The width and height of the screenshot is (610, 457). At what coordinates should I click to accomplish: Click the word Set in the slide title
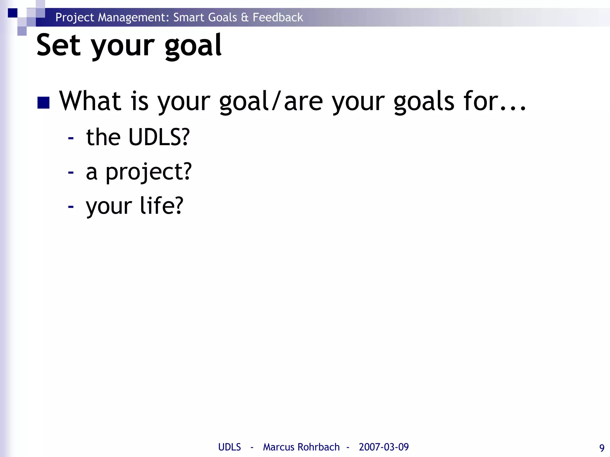tap(58, 45)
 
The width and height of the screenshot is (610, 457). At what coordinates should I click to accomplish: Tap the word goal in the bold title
tap(193, 46)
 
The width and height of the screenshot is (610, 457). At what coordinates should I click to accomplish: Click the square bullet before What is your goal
tap(43, 103)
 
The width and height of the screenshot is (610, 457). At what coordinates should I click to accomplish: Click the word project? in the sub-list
tap(149, 172)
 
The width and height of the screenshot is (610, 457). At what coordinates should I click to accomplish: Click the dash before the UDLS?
tap(71, 138)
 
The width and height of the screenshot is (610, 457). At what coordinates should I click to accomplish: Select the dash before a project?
tap(71, 172)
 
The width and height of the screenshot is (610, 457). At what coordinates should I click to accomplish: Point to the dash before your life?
tap(71, 206)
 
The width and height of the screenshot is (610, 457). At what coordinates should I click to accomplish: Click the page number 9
tap(602, 448)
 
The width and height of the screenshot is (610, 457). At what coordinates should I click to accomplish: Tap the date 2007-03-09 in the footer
tap(384, 447)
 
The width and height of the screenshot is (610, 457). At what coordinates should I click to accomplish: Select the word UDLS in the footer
tap(229, 447)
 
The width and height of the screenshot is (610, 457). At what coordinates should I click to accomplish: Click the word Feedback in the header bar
tap(278, 17)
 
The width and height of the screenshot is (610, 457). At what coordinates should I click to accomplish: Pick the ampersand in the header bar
tap(245, 17)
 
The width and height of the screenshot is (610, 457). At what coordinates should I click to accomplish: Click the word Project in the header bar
tap(75, 18)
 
